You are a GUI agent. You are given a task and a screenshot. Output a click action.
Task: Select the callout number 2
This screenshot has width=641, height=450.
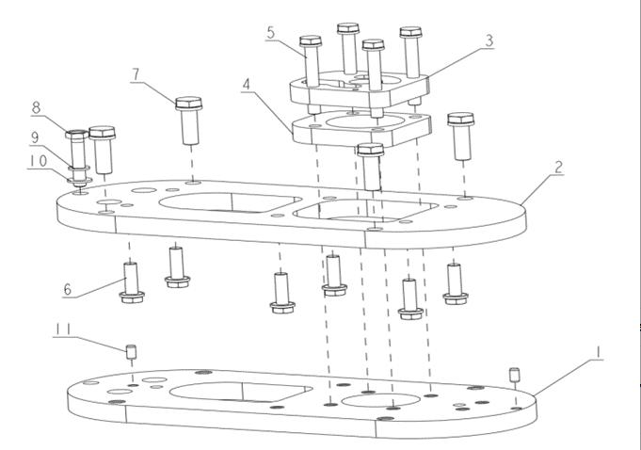(x=558, y=168)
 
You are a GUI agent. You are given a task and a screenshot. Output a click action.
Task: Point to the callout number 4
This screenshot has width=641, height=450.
(x=246, y=84)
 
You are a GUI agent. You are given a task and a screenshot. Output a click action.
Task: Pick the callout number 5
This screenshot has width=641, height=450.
(x=271, y=33)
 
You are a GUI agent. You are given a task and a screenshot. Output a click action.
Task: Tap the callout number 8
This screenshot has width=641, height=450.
(x=37, y=107)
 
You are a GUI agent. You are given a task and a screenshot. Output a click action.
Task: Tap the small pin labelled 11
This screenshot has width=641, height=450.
(x=133, y=353)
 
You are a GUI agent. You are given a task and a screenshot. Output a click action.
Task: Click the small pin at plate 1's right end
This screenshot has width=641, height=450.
(x=515, y=374)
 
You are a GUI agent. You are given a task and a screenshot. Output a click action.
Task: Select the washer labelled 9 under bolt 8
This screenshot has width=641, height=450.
(x=79, y=169)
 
